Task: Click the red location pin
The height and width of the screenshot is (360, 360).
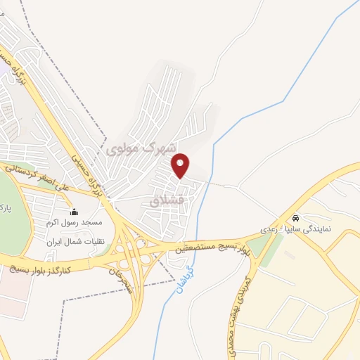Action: click(181, 165)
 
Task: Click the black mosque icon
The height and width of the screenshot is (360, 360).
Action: click(75, 212)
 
